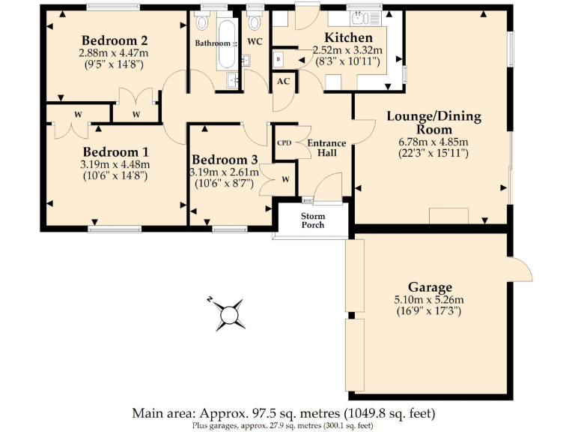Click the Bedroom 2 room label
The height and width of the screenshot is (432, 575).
click(114, 40)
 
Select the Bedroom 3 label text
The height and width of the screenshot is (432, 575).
click(225, 160)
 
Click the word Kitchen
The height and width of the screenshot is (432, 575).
click(348, 38)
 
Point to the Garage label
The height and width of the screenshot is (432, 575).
click(430, 287)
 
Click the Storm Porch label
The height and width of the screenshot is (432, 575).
click(312, 220)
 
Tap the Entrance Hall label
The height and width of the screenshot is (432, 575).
click(327, 148)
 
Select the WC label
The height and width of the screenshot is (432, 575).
click(255, 41)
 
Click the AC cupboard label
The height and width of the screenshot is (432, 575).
click(283, 81)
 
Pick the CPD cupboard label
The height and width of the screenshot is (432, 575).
click(285, 142)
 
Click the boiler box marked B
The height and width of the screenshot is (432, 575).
click(279, 59)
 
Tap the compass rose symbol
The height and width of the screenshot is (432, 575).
click(228, 313)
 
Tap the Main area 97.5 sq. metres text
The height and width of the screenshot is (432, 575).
click(283, 413)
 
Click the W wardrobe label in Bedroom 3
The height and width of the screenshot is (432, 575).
click(285, 179)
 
